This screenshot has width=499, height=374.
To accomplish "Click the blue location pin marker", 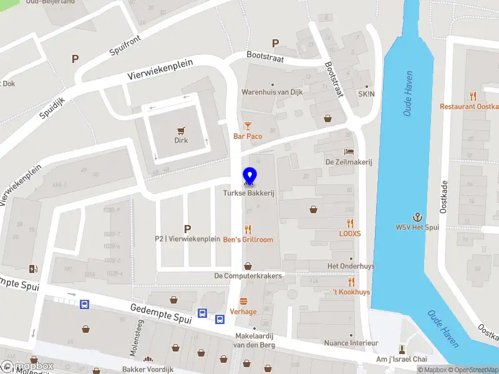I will click(x=249, y=176).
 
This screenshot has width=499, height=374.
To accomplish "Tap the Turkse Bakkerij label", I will click(x=249, y=194).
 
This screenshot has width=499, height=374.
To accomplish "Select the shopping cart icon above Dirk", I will click(x=181, y=131).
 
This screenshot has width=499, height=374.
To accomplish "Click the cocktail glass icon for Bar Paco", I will click(x=248, y=126).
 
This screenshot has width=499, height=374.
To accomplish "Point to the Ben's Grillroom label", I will click(x=248, y=239).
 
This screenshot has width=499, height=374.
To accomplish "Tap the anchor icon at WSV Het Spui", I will click(x=417, y=217).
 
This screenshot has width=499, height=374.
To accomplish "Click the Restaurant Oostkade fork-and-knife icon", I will click(x=473, y=97).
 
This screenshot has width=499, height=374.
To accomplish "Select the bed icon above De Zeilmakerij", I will click(x=349, y=151).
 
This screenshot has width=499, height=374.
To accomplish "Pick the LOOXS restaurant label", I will click(x=350, y=233).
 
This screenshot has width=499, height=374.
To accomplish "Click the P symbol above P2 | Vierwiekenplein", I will click(x=187, y=229).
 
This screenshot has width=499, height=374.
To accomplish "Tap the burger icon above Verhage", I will click(x=243, y=301).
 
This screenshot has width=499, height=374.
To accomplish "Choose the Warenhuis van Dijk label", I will click(x=273, y=92).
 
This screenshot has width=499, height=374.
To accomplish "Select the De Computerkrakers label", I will click(x=248, y=276).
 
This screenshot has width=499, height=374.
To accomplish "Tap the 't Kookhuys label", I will click(x=351, y=292).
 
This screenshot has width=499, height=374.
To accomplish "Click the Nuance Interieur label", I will click(x=351, y=343).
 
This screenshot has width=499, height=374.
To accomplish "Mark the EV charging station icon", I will click(x=33, y=269).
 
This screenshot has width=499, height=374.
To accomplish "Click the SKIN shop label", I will click(x=366, y=94).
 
